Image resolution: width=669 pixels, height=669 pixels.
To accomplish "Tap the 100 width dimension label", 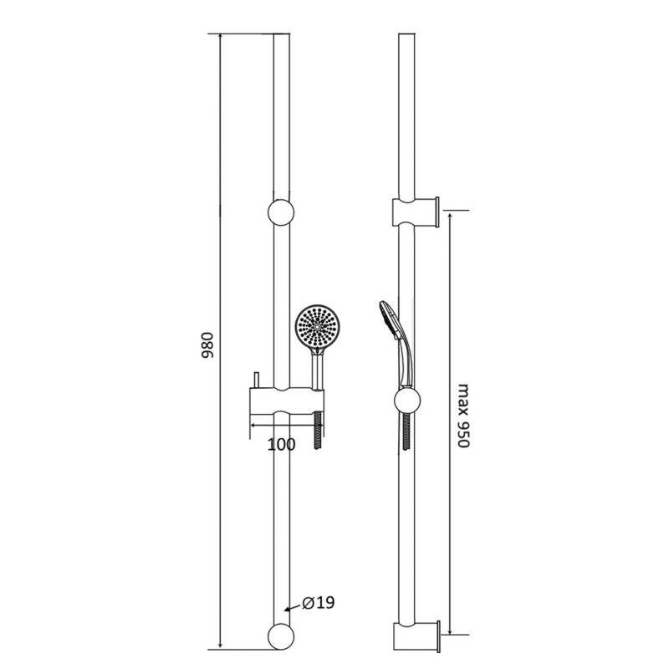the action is (x=281, y=445).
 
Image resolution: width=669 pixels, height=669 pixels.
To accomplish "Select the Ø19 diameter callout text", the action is (x=319, y=603).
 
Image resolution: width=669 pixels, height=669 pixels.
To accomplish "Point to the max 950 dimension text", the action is (x=463, y=416).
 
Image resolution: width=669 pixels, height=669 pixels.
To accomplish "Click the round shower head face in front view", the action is (x=317, y=327).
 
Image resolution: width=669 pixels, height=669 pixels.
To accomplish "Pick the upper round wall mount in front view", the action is (x=281, y=212).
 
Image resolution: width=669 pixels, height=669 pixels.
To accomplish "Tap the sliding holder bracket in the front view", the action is (x=287, y=401).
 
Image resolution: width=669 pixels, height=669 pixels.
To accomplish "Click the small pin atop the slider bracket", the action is (x=256, y=380).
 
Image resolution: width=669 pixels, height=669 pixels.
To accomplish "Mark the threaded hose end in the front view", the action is (x=318, y=430).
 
